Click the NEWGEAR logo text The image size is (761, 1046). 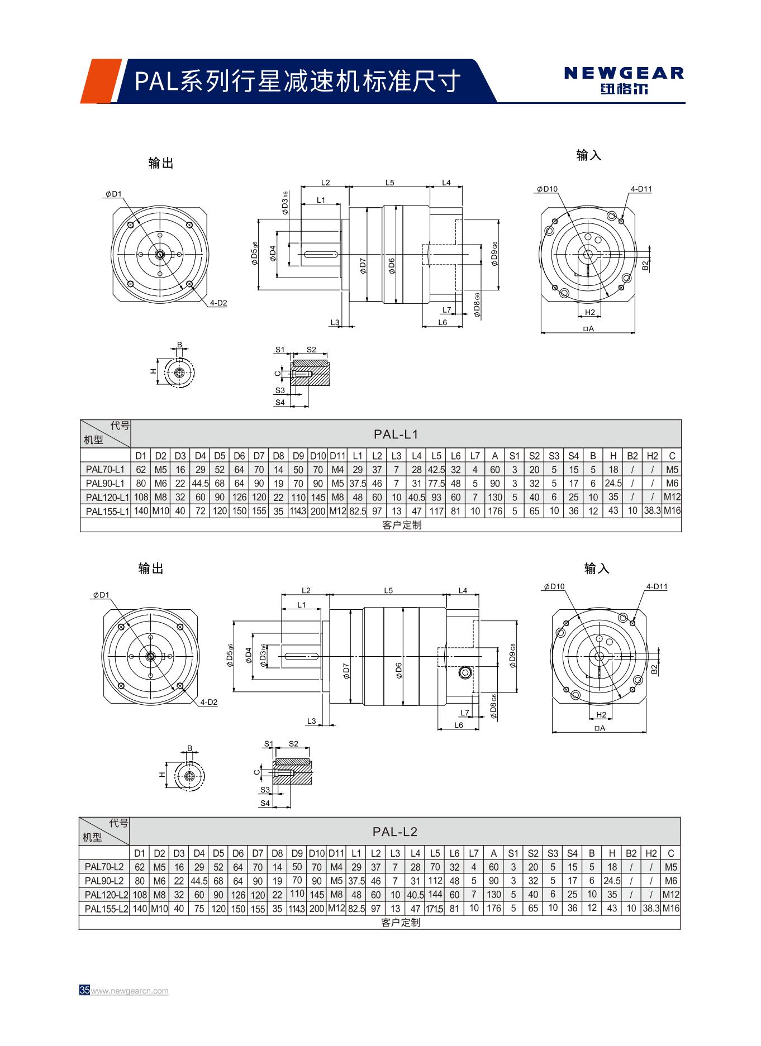pos(624,73)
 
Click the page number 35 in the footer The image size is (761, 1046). pos(84,991)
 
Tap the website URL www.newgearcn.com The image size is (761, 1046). pos(130,991)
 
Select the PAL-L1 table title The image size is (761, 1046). pos(396,434)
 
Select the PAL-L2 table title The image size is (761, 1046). pos(395,832)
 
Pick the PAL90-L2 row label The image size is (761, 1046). pos(104,881)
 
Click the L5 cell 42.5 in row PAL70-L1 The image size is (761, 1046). pos(436,470)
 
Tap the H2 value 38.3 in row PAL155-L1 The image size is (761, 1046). pos(651,510)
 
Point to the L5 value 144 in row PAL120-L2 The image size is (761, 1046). pos(435,894)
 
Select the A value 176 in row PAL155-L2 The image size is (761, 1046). pos(493,908)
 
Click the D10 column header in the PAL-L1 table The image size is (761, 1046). pos(318,456)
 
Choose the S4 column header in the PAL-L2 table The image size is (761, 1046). pos(572,853)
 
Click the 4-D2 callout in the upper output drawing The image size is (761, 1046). pos(218,303)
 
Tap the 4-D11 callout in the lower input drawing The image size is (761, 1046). pos(657,587)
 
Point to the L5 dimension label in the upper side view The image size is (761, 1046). pos(390,183)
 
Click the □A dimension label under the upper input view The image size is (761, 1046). pos(588,329)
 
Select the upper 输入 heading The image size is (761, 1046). pos(588,156)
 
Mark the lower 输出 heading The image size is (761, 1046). pos(151,569)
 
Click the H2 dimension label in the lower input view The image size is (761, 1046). pos(601,715)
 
